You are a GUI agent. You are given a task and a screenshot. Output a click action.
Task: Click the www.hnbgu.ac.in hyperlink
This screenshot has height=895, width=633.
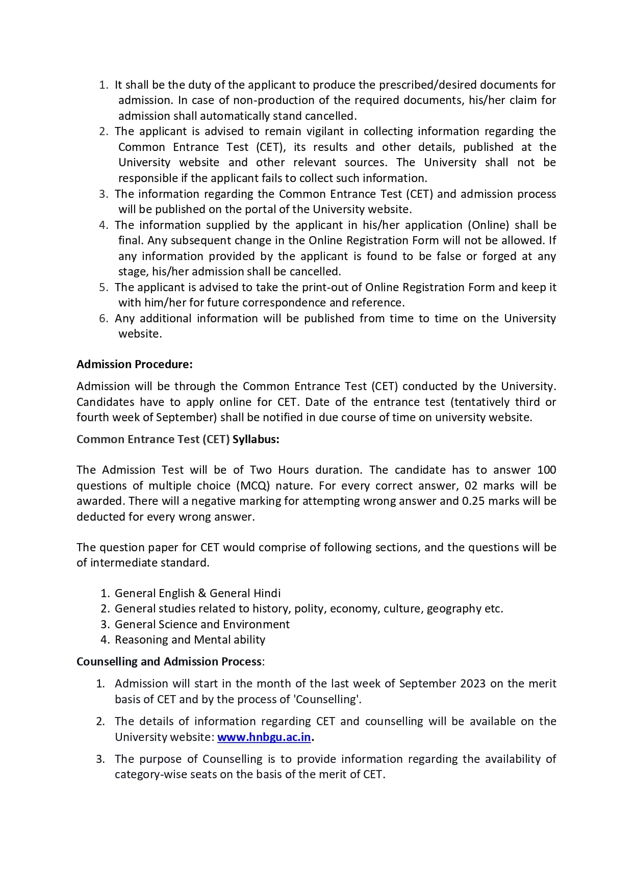point(264,737)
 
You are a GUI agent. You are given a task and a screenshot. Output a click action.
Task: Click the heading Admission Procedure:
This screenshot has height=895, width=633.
point(135,364)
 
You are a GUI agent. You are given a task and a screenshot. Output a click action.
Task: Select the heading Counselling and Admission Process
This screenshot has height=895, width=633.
point(169,661)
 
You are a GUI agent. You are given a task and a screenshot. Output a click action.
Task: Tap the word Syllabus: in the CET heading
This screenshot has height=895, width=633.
point(256,439)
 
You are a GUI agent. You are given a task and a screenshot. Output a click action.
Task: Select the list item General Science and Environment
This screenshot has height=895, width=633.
point(202,624)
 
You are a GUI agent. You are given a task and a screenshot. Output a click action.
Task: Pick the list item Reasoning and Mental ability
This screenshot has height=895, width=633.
point(190,640)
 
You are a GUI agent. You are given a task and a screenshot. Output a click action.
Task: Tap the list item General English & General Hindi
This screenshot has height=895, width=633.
point(197,593)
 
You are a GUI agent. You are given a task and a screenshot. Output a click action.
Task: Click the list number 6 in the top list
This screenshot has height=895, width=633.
point(103,318)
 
